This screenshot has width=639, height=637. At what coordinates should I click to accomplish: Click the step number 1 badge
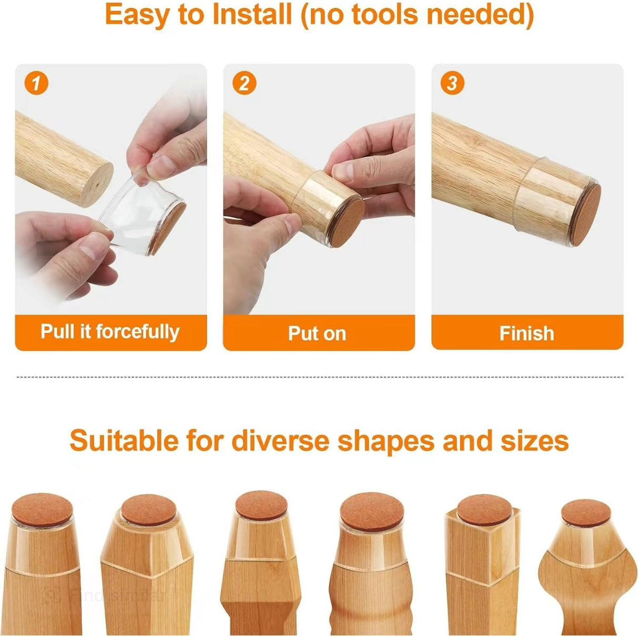36,83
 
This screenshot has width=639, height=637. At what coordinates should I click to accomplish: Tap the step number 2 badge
244,83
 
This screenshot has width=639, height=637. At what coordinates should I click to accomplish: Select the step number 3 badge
452,83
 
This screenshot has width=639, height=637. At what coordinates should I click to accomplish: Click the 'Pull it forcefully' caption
110,332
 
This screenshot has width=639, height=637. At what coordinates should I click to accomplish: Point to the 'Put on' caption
317,333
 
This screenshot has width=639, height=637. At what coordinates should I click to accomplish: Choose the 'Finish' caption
526,333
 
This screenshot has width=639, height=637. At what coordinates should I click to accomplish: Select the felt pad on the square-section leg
484,510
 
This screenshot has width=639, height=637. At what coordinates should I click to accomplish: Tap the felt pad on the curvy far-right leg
586,513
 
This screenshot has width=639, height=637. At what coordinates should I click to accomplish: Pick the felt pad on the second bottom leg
148,509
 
